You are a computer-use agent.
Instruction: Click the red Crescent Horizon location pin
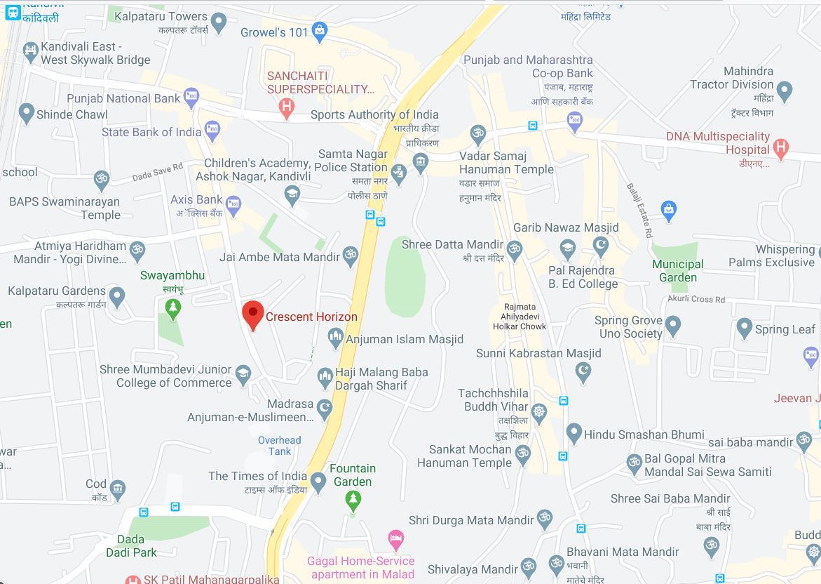pos(252,313)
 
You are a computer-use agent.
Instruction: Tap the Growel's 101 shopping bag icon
pos(320,30)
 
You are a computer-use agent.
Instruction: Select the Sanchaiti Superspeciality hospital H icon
pos(286,107)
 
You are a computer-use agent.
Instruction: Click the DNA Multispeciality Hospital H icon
pos(781,148)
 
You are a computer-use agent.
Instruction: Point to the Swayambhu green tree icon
pos(172,306)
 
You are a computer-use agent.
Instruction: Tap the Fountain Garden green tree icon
pos(353,500)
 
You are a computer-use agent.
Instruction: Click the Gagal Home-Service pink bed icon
pos(396,539)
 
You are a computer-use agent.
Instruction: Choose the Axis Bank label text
pos(196,200)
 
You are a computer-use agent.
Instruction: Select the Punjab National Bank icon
pos(191,97)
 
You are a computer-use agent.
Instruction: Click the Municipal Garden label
pos(677,270)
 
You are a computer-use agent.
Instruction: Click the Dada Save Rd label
pos(157,171)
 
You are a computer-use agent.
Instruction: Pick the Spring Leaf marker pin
pos(745,328)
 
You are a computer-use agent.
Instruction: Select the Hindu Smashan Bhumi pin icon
pos(574,433)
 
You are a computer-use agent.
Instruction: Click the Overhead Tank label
pos(279,446)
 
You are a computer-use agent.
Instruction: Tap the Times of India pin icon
pos(318,482)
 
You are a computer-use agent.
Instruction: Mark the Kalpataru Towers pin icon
pos(219,23)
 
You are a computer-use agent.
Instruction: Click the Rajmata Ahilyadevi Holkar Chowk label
pos(520,317)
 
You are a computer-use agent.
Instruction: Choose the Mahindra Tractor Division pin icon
pos(785,91)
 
